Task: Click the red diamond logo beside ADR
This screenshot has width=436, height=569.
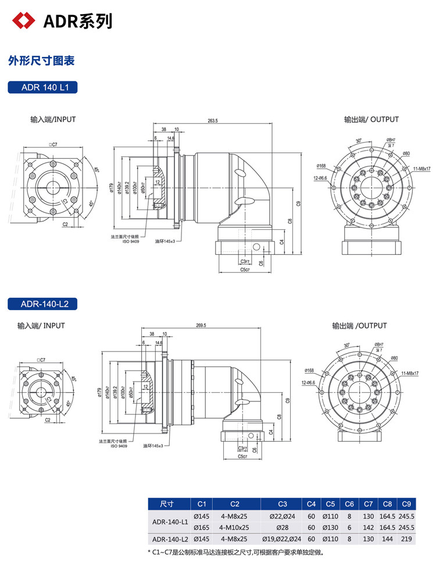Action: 24,21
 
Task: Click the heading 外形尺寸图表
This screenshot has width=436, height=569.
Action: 41,61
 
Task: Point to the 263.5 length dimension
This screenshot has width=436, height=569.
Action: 212,121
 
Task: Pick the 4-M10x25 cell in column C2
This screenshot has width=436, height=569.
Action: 234,528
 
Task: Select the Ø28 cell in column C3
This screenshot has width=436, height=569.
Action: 283,528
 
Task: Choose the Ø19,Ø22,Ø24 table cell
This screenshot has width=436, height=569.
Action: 283,539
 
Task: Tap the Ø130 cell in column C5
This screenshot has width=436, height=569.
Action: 330,528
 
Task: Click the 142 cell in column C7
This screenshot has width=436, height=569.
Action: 367,528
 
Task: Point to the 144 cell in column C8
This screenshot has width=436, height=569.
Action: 387,539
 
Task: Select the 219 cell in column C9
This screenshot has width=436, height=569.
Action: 406,539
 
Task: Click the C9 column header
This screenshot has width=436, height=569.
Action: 406,504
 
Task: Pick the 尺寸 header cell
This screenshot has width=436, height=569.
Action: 167,504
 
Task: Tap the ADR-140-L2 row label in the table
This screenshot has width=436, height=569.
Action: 167,539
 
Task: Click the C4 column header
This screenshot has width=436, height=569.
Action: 312,504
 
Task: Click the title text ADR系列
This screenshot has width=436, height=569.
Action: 78,22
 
